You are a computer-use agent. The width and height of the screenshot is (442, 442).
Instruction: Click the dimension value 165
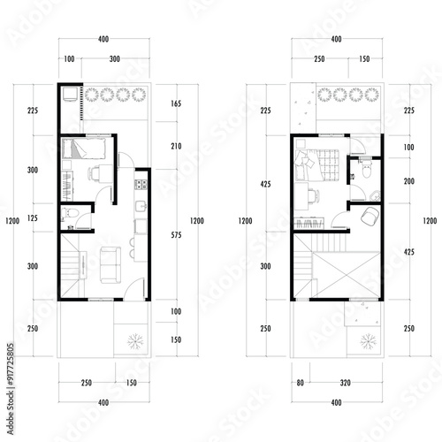(176, 103)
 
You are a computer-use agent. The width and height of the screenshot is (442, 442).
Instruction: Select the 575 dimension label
(176, 235)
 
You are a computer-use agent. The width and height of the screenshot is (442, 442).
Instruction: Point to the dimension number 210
(176, 146)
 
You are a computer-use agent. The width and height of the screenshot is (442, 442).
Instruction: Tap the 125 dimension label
(33, 218)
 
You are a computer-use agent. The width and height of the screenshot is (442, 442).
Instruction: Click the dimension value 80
(300, 383)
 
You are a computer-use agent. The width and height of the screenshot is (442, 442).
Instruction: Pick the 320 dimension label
(345, 383)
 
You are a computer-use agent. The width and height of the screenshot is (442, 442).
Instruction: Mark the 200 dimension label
(409, 181)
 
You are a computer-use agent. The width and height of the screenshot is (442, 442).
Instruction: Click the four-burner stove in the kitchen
(141, 185)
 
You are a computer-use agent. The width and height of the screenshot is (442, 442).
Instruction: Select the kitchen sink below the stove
(141, 206)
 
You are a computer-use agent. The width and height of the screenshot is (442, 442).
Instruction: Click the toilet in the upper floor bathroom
(366, 169)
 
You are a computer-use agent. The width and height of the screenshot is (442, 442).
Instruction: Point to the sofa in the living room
(110, 265)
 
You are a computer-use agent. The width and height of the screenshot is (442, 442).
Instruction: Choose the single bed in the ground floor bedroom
(84, 149)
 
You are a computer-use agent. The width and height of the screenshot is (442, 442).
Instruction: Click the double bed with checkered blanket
(317, 165)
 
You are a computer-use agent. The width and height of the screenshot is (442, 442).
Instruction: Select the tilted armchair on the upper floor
(370, 216)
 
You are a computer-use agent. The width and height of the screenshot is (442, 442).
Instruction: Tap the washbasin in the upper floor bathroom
(375, 195)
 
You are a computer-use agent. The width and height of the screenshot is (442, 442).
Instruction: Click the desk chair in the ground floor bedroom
(94, 173)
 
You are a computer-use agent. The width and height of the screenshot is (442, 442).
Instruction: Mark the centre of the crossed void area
(347, 275)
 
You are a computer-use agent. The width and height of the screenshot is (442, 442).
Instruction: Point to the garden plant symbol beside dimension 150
(135, 341)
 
